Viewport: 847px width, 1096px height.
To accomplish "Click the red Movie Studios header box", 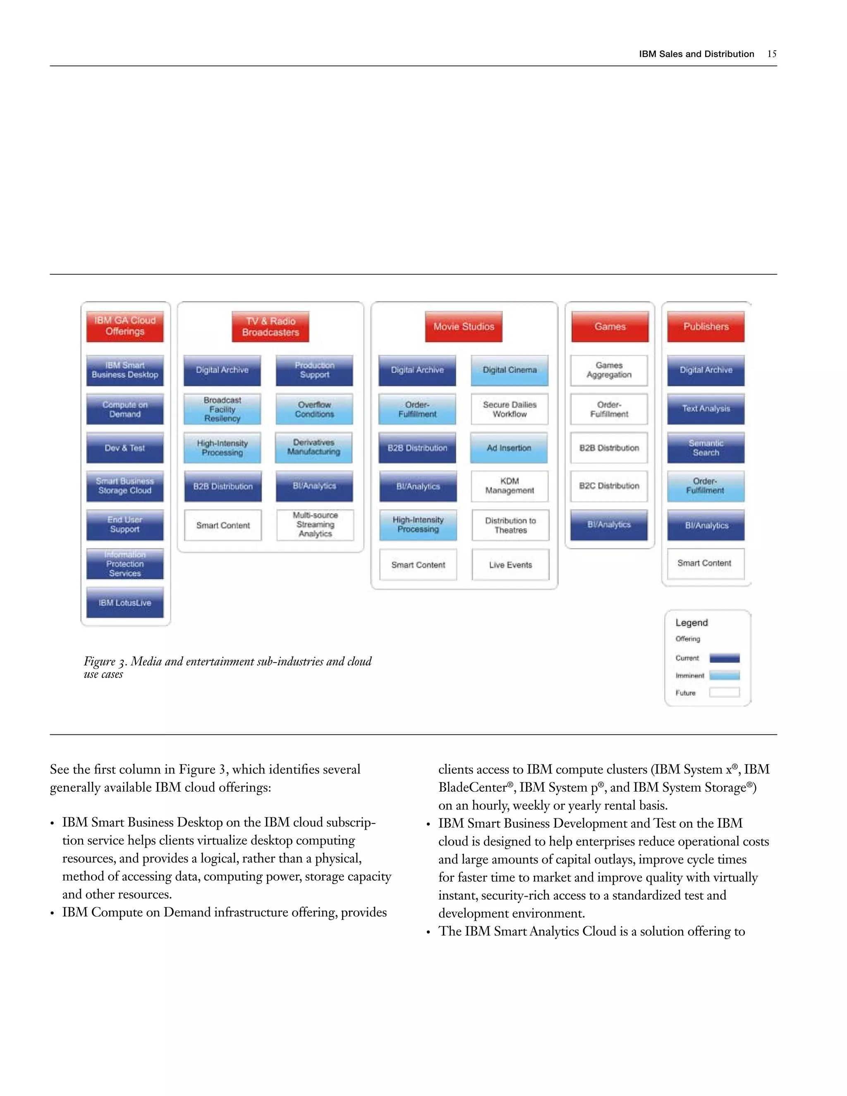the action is point(464,327).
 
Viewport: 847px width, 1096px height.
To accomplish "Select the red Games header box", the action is point(610,327).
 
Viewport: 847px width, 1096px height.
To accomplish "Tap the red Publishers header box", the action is point(706,327).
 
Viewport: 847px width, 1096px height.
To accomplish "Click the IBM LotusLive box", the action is point(125,603).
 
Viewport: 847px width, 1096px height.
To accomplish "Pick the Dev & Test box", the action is point(125,447).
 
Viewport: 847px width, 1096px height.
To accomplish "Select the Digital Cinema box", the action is point(509,370).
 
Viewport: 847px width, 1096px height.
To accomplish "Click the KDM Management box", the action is point(509,486).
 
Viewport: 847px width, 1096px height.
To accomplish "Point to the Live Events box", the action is point(510,565).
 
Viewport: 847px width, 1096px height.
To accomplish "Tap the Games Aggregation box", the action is point(609,370).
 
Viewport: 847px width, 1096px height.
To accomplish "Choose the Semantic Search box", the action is point(706,447).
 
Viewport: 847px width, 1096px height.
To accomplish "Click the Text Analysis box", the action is point(706,409).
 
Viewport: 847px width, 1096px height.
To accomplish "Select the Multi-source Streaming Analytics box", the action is point(315,525).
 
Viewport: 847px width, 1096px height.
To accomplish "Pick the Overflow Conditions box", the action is point(314,409).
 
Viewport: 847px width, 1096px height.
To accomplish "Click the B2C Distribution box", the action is point(609,486).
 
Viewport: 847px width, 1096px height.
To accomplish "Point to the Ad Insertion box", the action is point(509,447).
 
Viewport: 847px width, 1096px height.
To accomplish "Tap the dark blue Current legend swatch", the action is point(724,658).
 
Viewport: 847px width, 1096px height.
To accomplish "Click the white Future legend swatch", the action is point(724,692).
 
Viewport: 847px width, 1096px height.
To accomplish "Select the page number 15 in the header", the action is point(772,54).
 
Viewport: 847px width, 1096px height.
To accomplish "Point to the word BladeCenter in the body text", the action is point(472,787).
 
